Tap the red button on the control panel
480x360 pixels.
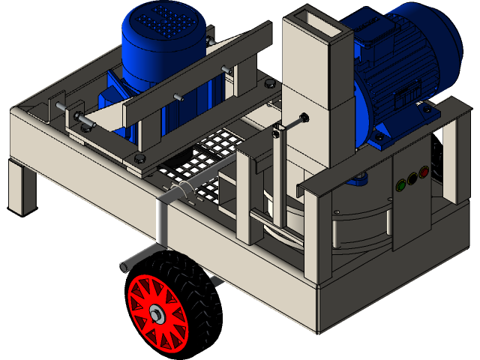point(424,172)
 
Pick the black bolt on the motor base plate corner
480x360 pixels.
point(140,158)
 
